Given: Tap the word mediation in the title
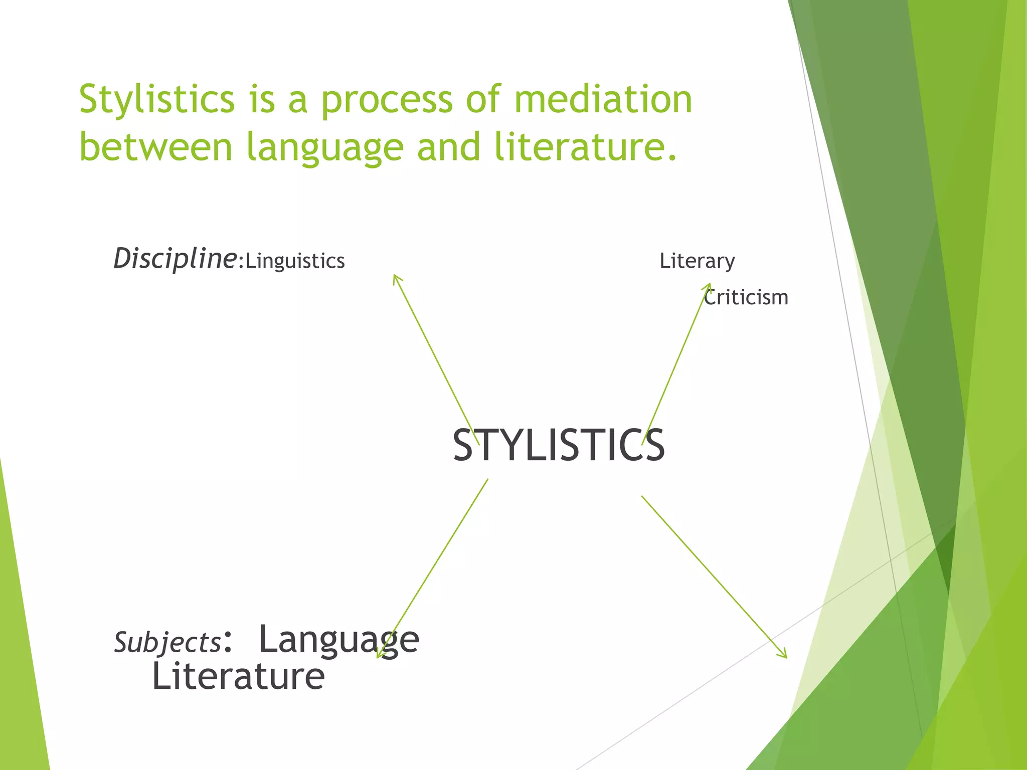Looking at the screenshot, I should pyautogui.click(x=603, y=99).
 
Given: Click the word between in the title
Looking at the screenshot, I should pyautogui.click(x=156, y=147).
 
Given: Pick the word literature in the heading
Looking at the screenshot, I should pyautogui.click(x=585, y=147).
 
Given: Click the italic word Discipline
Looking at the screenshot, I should pyautogui.click(x=175, y=259).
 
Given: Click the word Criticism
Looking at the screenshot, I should pyautogui.click(x=746, y=298).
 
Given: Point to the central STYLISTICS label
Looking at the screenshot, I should pyautogui.click(x=559, y=446).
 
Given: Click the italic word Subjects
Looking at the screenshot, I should pyautogui.click(x=167, y=642).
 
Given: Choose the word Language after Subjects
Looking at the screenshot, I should pyautogui.click(x=339, y=641).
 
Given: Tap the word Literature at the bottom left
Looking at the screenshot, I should pyautogui.click(x=238, y=677).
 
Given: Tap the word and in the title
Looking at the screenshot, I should pyautogui.click(x=449, y=147).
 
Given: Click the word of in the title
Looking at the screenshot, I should pyautogui.click(x=483, y=99).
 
